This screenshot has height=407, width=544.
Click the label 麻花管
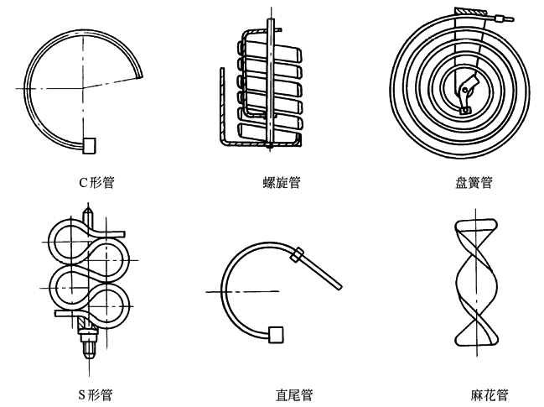pyautogui.click(x=490, y=394)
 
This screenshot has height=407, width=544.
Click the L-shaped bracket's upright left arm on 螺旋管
pyautogui.click(x=222, y=101)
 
